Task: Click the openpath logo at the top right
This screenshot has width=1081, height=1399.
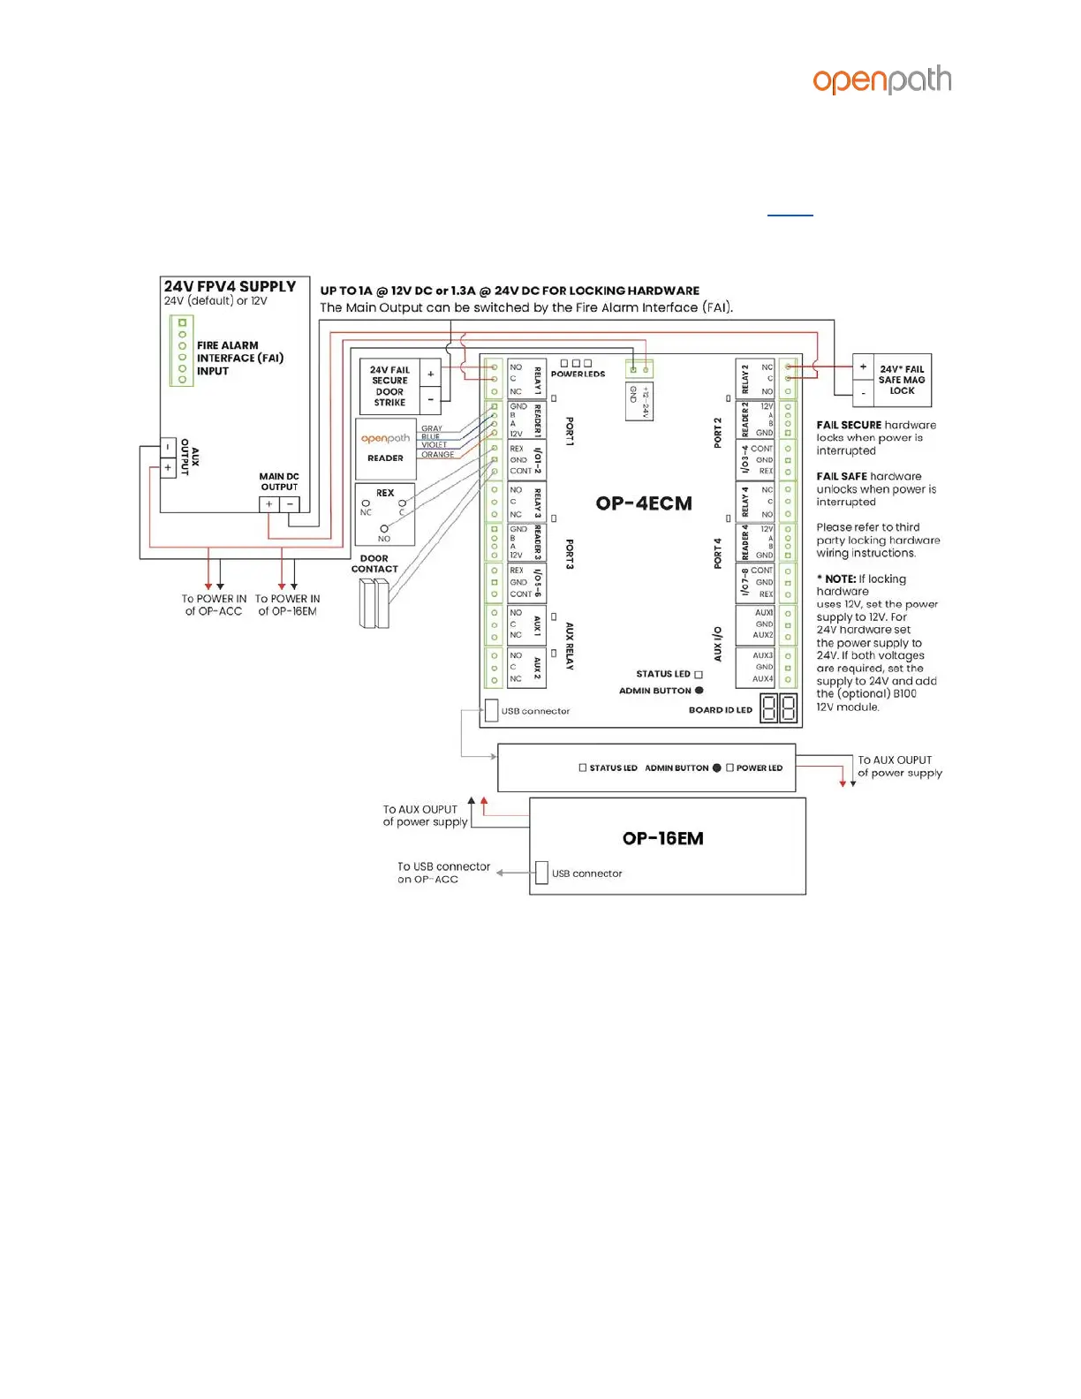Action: [881, 80]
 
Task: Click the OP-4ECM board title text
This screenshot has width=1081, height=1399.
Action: [644, 503]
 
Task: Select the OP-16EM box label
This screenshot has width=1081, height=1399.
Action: [662, 838]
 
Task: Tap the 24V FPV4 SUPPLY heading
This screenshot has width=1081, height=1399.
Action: [230, 287]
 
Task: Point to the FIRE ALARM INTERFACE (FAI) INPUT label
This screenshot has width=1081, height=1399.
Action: [239, 358]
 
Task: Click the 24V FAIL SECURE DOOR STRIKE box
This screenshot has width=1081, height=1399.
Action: [389, 386]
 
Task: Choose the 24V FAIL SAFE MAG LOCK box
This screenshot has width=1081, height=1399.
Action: [901, 380]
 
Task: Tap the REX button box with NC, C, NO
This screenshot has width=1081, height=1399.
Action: [385, 515]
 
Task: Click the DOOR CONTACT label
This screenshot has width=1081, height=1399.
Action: [374, 563]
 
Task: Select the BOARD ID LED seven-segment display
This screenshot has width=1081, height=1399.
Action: [779, 708]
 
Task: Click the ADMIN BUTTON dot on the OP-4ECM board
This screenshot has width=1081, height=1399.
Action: [699, 691]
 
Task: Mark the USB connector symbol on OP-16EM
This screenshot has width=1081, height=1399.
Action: [541, 873]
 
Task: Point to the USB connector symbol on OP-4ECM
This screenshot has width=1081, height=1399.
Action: [492, 710]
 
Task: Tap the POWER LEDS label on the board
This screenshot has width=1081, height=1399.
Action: [578, 374]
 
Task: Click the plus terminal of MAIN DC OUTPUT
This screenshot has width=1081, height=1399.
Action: [269, 504]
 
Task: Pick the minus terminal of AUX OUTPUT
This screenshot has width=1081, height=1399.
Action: [168, 448]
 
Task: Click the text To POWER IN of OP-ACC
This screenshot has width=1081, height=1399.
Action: [214, 605]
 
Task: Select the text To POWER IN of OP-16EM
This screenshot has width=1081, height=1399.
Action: [288, 605]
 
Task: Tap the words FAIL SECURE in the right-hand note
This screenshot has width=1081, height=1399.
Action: [849, 425]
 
